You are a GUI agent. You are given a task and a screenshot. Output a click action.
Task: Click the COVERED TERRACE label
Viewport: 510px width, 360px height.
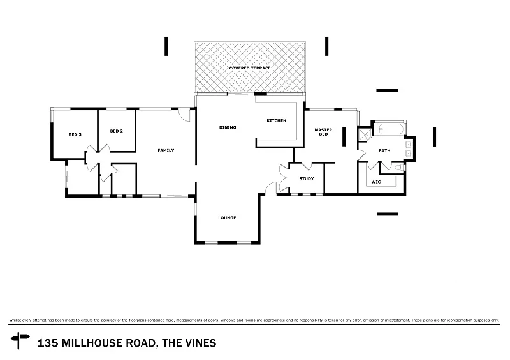(x=251, y=68)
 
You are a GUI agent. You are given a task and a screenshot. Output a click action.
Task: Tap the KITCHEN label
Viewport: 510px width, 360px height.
(x=276, y=120)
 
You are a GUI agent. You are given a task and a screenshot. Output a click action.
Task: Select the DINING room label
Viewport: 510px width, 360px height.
(x=228, y=127)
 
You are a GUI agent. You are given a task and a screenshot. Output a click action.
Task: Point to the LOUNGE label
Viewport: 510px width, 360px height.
(x=227, y=218)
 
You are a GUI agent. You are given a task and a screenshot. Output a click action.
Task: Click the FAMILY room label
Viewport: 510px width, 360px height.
(x=166, y=150)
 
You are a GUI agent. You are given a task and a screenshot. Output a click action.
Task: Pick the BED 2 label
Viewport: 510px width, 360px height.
(x=116, y=131)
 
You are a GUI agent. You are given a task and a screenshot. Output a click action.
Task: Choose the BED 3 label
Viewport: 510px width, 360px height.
(x=75, y=134)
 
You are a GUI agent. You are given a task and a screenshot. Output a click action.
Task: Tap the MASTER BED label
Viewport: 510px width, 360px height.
(x=323, y=133)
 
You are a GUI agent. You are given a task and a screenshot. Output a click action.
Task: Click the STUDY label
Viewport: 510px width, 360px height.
(x=307, y=178)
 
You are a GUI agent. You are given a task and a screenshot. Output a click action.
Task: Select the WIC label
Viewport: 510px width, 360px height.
(x=375, y=182)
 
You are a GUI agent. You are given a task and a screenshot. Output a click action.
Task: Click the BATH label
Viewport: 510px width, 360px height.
(x=384, y=151)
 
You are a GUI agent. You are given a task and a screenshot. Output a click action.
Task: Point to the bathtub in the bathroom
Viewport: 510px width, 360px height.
(x=389, y=130)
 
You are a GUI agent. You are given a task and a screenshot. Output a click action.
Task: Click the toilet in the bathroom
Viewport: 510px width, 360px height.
(x=397, y=168)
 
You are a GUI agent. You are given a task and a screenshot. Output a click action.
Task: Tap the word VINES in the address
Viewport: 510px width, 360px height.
(x=200, y=343)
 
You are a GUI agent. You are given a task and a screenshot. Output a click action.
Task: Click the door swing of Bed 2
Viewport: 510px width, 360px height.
(x=105, y=150)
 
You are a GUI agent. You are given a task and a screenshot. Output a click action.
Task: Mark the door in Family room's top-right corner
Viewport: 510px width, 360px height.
(x=184, y=115)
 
